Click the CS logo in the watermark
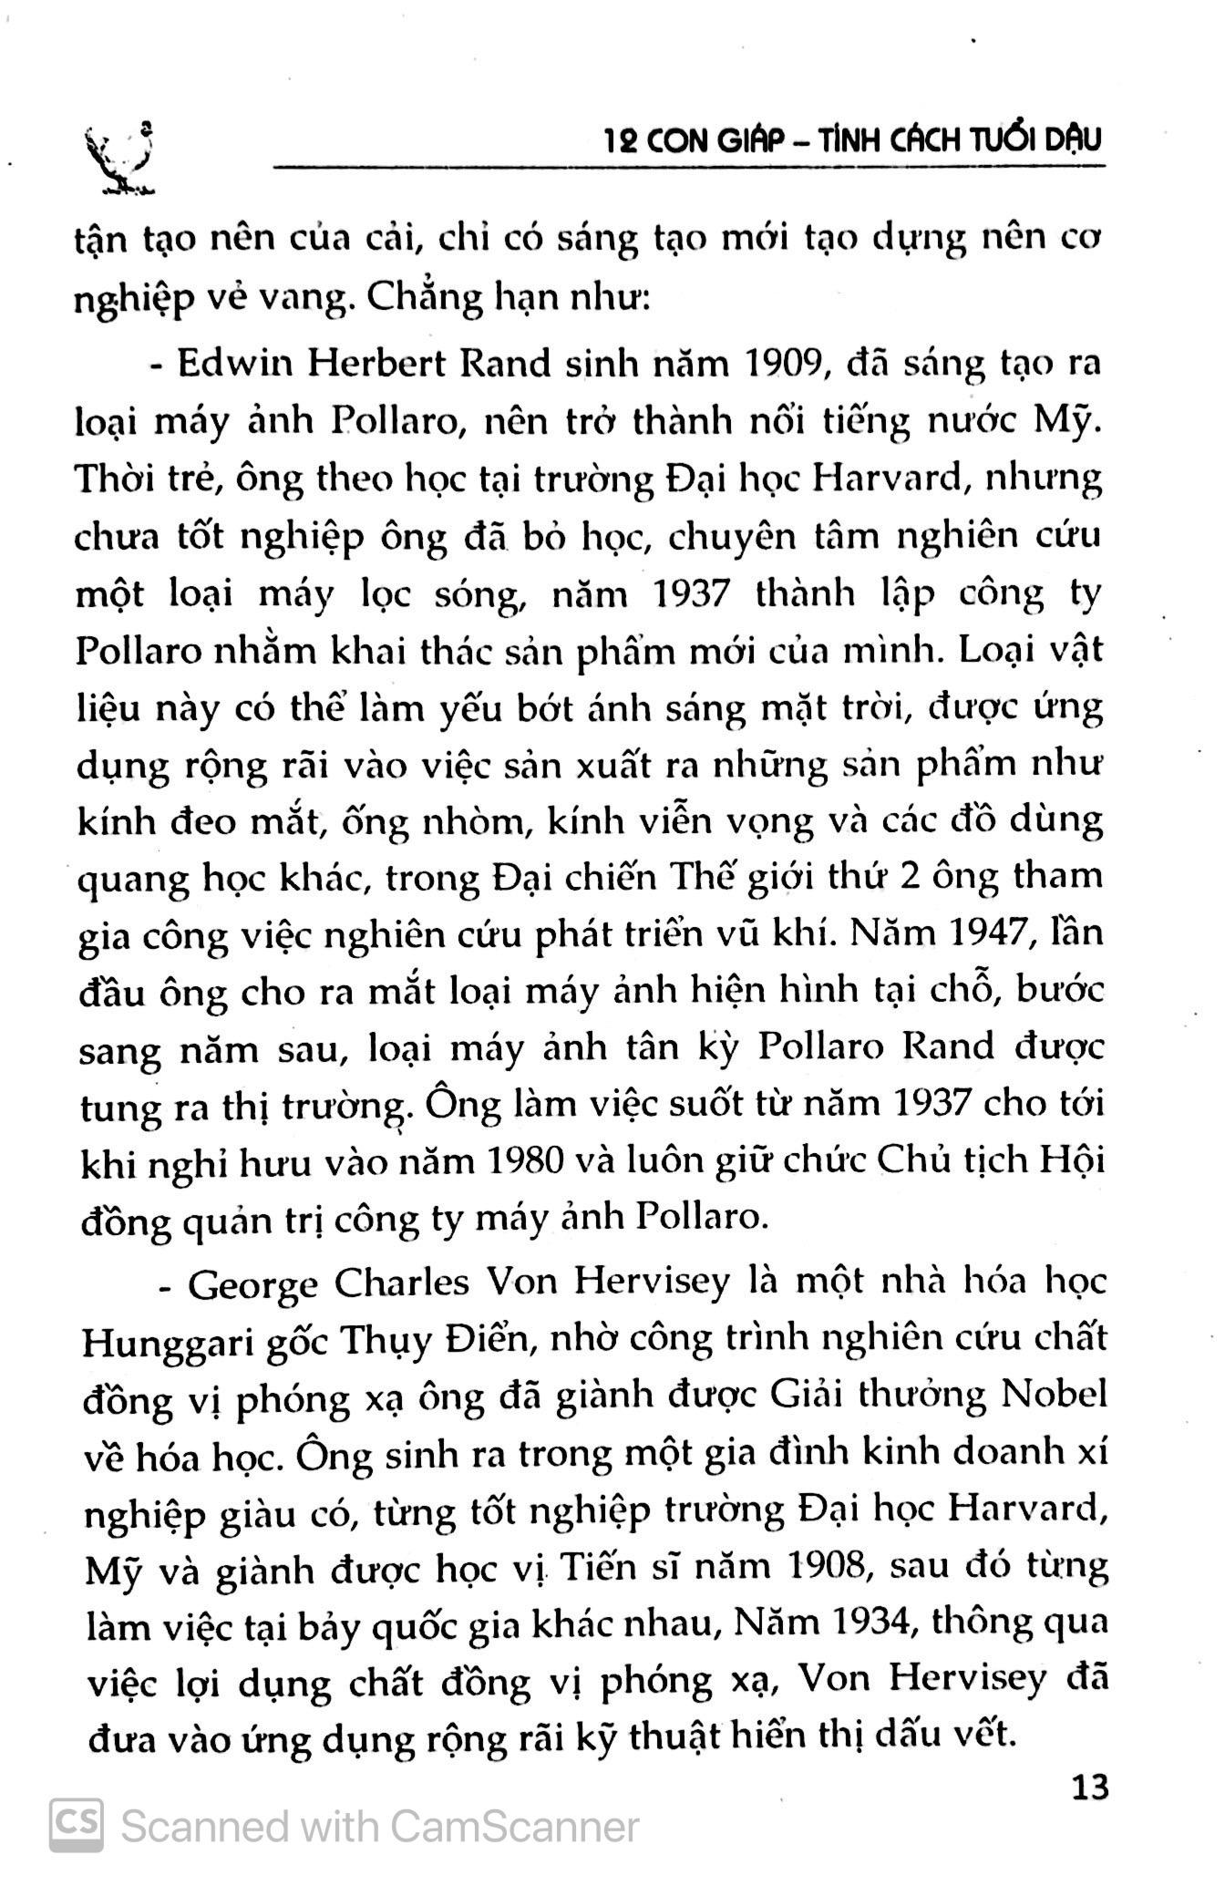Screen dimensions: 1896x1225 point(76,1826)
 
